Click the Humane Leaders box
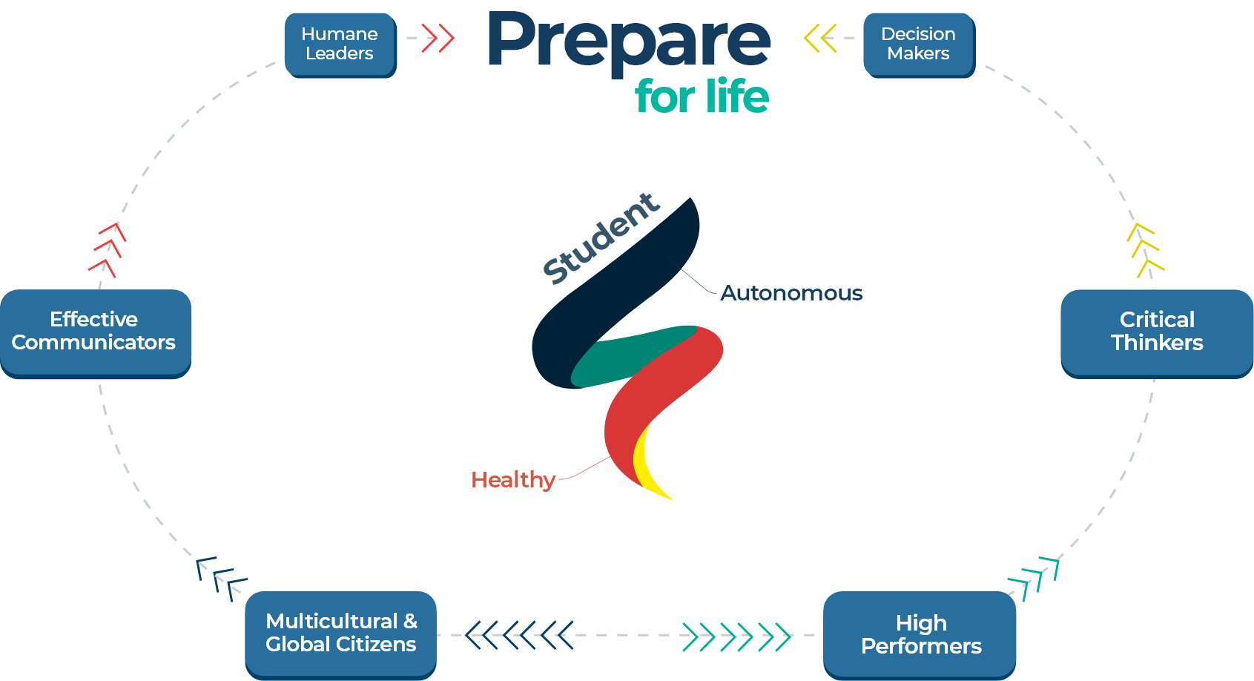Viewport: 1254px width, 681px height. coord(340,44)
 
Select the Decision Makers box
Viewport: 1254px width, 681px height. coord(918,44)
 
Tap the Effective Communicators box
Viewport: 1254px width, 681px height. coord(94,332)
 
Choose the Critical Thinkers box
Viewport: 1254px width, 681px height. coord(1156,332)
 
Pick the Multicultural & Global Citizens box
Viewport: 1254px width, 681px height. coord(340,633)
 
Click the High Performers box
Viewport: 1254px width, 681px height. coord(920,634)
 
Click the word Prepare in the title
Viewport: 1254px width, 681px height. coord(628,41)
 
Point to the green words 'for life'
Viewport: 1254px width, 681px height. coord(702,96)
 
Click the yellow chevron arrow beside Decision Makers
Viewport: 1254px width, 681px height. coord(820,38)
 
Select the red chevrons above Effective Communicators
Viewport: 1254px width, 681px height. coord(108,249)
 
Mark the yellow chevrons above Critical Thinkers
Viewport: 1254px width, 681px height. coord(1144,249)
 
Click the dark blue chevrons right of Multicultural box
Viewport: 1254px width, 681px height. coord(519,635)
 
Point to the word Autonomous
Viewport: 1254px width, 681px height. coord(791,293)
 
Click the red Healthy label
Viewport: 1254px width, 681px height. coord(513,480)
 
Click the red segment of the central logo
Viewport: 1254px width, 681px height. coord(653,393)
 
